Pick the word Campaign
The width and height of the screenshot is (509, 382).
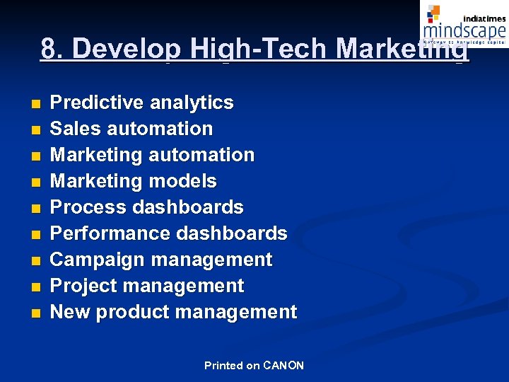point(94,260)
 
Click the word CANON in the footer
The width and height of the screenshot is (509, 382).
point(283,366)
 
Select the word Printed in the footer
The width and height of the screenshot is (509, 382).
point(223,366)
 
